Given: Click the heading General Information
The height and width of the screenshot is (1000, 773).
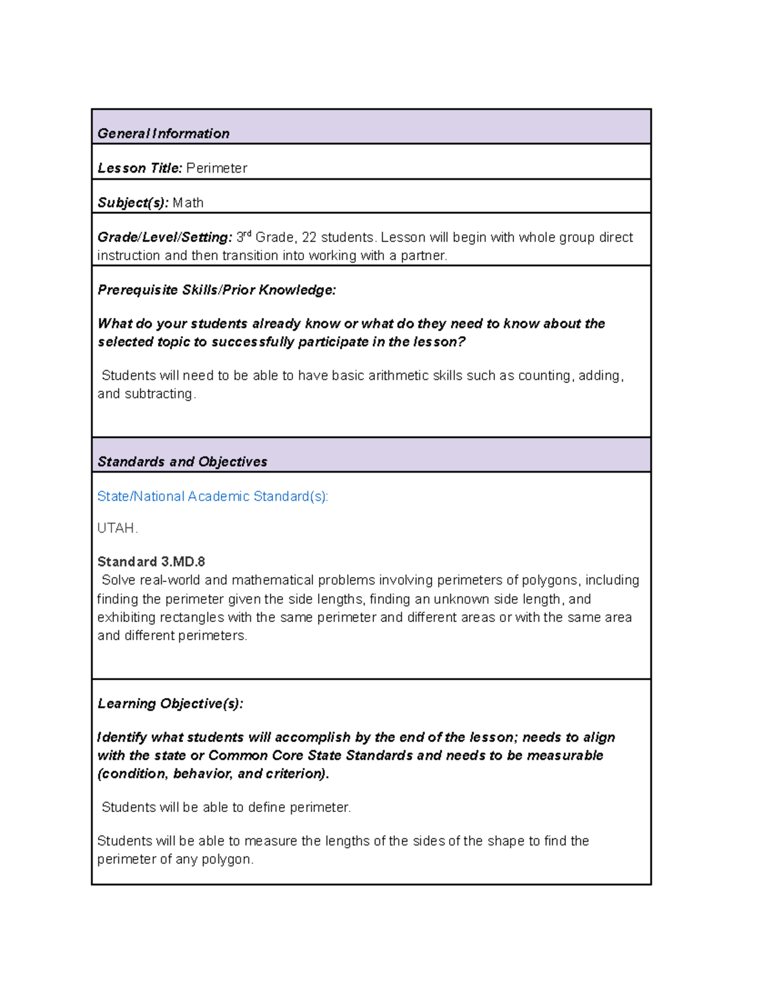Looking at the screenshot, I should [163, 134].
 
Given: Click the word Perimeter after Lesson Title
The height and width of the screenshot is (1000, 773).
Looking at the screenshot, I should [216, 169].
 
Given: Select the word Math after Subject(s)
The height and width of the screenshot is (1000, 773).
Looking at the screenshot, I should [188, 203].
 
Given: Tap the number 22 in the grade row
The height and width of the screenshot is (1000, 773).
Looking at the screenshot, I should [309, 238].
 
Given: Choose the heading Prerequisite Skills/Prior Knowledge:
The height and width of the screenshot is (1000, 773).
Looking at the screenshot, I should [216, 290].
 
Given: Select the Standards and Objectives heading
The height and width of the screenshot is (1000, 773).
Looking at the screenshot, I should [182, 462].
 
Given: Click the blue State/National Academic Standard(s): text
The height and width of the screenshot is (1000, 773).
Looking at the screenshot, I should [213, 496].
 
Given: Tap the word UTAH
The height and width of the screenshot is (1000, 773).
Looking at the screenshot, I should [117, 529].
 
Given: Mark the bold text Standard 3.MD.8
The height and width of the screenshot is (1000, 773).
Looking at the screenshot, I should [151, 562].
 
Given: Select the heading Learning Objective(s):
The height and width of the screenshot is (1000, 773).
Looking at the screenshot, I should [170, 704].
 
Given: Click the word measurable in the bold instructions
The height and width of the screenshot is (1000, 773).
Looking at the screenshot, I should [565, 756].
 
